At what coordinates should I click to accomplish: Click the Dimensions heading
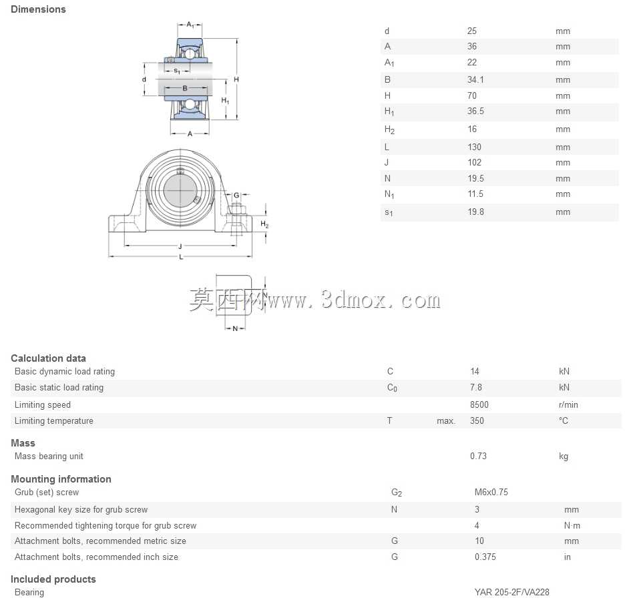click(x=38, y=9)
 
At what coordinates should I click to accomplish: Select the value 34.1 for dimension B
click(x=475, y=80)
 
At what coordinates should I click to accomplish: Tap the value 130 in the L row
click(x=474, y=147)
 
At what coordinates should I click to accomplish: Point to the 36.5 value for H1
click(x=475, y=111)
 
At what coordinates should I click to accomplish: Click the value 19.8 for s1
click(x=476, y=212)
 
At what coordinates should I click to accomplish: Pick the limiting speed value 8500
click(x=479, y=404)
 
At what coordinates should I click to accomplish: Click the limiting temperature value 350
click(x=477, y=420)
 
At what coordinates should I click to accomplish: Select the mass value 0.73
click(x=478, y=456)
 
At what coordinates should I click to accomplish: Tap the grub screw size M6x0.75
click(x=491, y=492)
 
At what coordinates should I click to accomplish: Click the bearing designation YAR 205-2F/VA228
click(x=512, y=592)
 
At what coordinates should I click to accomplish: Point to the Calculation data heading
click(x=48, y=358)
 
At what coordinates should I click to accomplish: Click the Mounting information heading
click(x=61, y=479)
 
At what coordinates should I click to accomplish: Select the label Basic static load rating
click(x=59, y=388)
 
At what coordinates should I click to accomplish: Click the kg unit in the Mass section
click(x=564, y=457)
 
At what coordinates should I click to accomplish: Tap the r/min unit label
click(x=568, y=404)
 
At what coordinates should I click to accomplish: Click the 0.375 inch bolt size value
click(x=485, y=557)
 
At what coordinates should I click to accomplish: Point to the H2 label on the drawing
click(x=264, y=224)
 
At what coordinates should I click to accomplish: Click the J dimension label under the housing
click(x=180, y=246)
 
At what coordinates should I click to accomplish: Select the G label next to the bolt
click(x=236, y=196)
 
